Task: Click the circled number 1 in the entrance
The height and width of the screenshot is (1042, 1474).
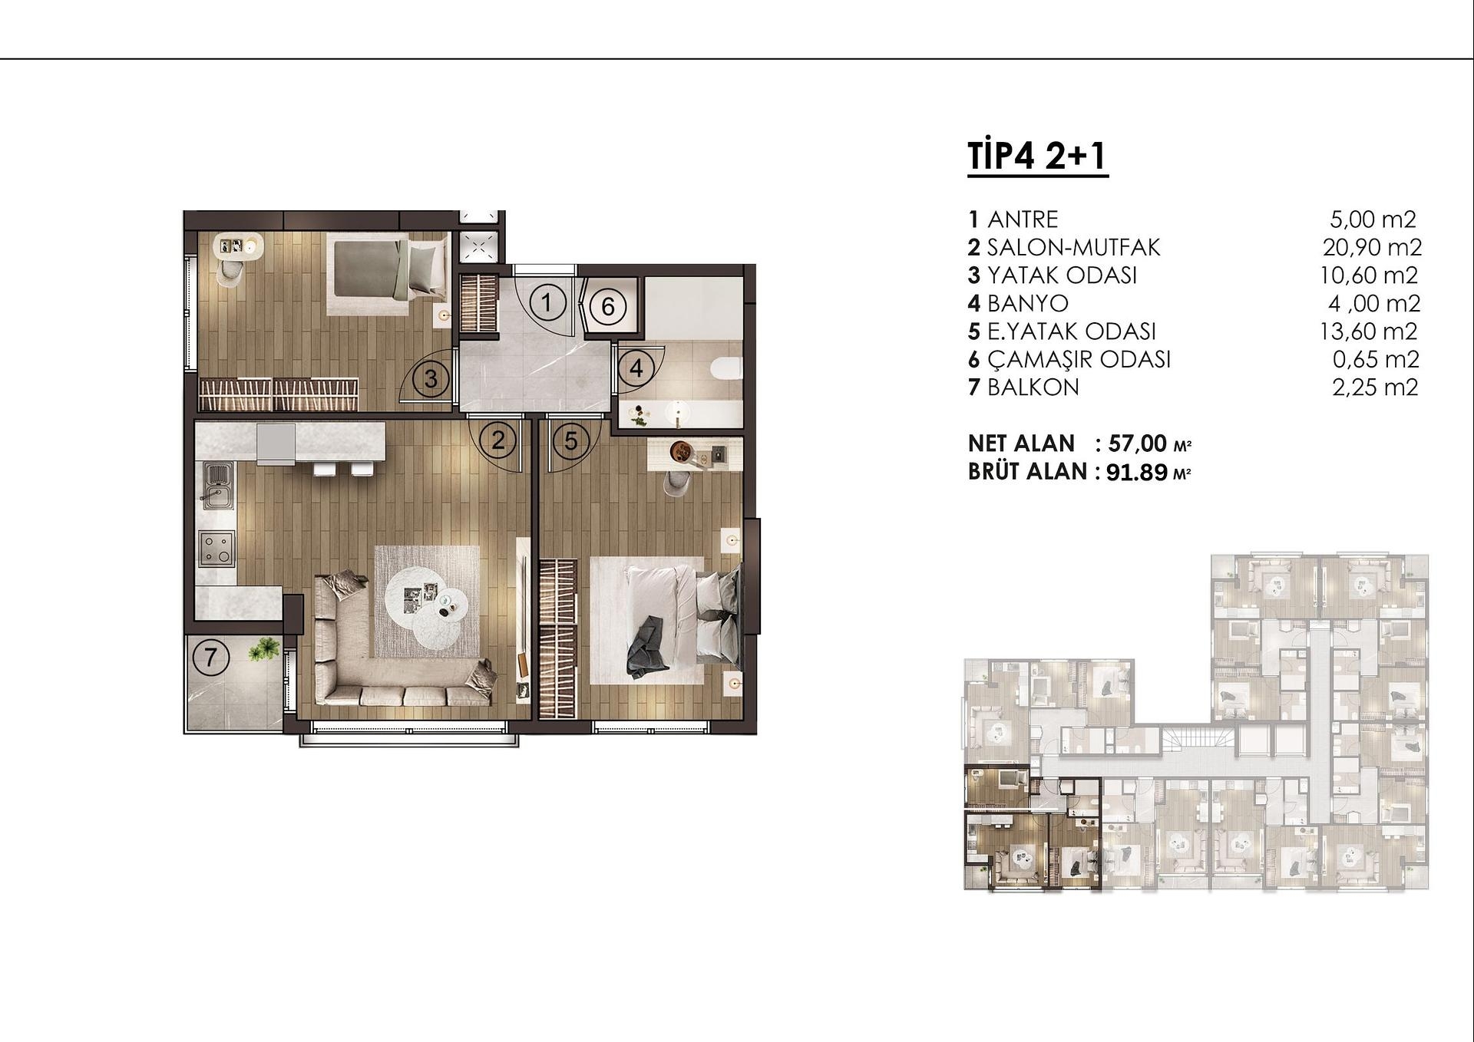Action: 547,302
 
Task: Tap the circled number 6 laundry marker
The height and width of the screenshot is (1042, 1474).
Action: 607,306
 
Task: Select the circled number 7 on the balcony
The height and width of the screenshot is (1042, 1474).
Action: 210,658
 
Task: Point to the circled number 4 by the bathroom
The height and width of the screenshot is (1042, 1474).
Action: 636,368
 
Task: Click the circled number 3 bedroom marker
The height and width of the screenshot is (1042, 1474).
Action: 431,378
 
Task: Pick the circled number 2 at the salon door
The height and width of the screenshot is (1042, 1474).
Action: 498,440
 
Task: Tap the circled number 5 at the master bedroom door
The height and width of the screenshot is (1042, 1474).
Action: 570,440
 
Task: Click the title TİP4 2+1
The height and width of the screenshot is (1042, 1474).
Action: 1036,156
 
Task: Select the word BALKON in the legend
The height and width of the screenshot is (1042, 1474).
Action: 1033,387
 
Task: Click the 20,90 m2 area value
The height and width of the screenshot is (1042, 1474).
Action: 1372,247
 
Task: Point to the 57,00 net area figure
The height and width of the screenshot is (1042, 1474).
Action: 1137,444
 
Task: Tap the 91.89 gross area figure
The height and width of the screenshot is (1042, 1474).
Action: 1136,472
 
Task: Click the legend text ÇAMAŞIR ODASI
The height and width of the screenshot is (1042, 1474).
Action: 1079,359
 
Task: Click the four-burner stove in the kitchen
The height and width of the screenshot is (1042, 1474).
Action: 216,548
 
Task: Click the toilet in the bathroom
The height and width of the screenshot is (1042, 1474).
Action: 725,369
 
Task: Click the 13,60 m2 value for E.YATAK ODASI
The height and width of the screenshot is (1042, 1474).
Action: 1368,331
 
